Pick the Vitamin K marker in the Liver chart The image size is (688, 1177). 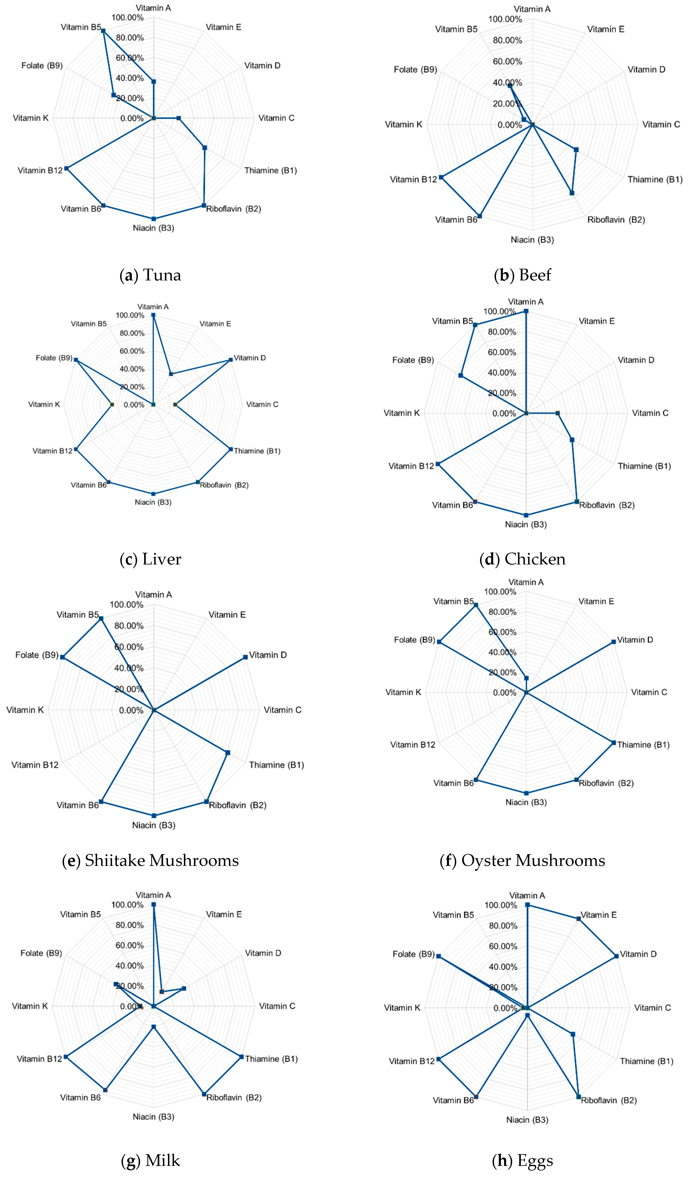[x=112, y=404]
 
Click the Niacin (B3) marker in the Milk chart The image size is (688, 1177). [x=154, y=1027]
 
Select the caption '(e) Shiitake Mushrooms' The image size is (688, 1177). [x=150, y=860]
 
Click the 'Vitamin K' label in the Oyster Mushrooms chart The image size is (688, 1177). [x=403, y=692]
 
